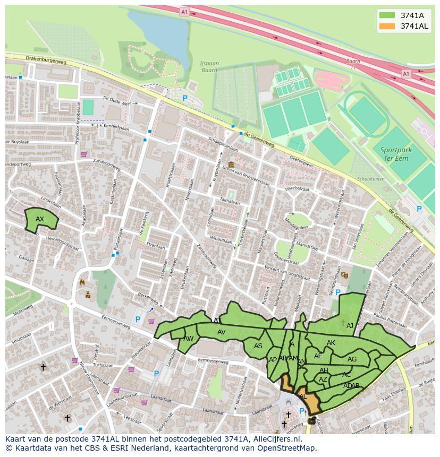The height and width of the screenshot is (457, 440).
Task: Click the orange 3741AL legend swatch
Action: click(387, 26)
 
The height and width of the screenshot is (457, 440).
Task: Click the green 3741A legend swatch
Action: click(387, 15)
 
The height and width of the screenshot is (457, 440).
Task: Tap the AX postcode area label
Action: click(40, 219)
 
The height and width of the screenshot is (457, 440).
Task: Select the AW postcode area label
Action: click(188, 339)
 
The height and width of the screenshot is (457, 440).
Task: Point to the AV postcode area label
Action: click(222, 332)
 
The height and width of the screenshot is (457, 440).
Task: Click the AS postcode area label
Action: click(258, 346)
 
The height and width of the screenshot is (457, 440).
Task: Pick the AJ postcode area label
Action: click(350, 326)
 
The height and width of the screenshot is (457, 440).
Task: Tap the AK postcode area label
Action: click(331, 343)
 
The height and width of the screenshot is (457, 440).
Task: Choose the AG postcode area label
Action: click(352, 359)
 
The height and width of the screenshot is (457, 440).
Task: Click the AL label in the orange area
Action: click(303, 396)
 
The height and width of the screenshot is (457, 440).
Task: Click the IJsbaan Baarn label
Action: click(209, 67)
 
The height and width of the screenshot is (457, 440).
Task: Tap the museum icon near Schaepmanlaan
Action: click(231, 165)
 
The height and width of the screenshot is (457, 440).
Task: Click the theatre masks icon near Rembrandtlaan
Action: click(344, 275)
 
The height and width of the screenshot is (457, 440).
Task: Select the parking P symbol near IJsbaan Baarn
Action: click(185, 98)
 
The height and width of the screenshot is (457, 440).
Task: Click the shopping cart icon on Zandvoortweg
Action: click(83, 154)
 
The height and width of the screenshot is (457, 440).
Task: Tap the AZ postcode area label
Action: click(323, 380)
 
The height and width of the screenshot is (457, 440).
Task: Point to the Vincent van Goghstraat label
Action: click(287, 273)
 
